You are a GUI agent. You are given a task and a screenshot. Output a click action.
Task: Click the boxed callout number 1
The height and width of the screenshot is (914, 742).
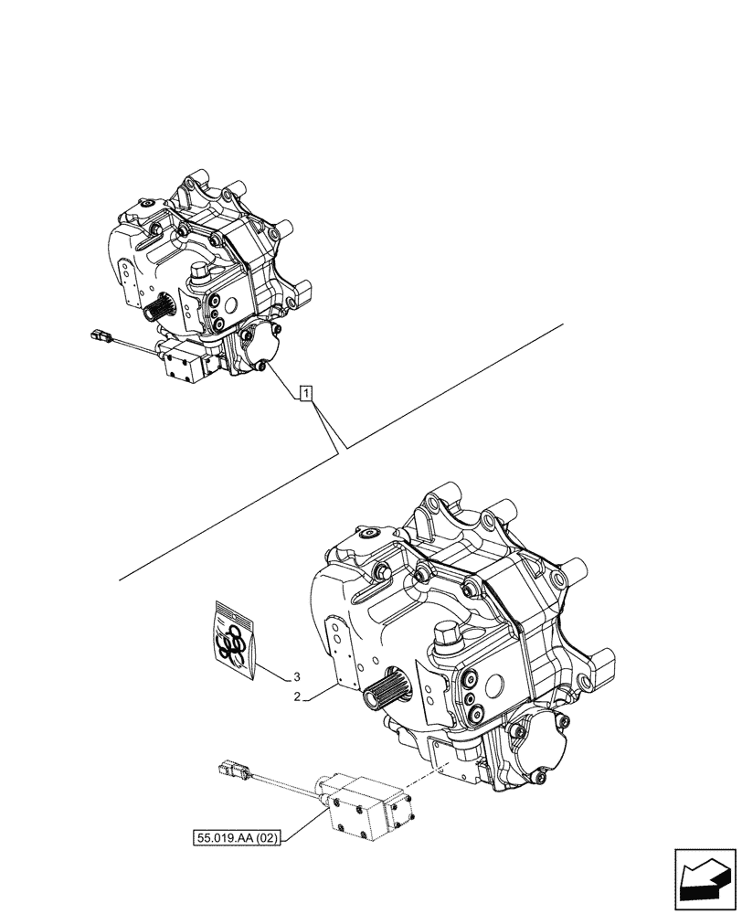(x=307, y=394)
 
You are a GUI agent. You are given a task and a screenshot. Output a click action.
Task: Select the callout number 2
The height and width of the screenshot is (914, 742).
(x=297, y=697)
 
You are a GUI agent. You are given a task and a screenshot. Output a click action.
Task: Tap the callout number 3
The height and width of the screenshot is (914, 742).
(x=297, y=677)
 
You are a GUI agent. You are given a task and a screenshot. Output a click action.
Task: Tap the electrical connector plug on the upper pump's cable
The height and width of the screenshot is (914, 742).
(x=99, y=336)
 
